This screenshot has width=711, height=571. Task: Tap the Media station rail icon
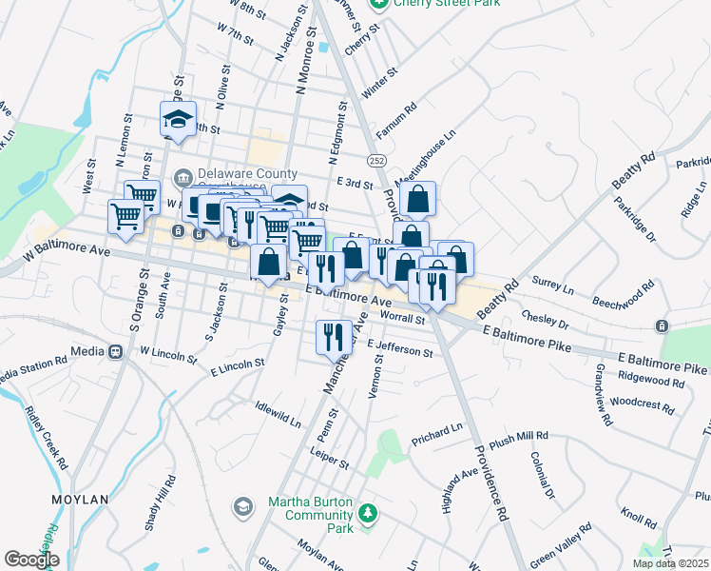pos(116,351)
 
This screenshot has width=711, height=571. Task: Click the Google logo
pos(31,560)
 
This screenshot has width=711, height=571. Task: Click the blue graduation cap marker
pos(178,119)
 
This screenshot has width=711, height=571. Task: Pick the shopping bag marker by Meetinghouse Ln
pos(417,200)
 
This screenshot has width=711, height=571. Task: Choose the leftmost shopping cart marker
pos(125,216)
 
